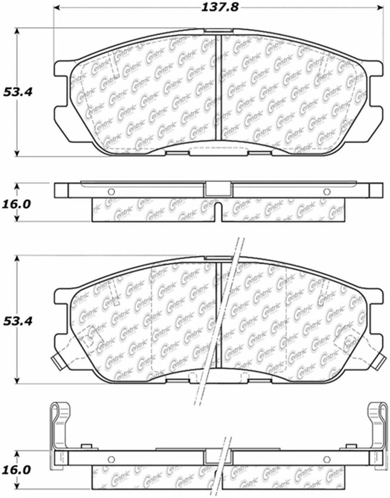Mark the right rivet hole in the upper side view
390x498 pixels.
pos(326,190)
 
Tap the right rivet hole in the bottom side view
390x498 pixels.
pos(326,459)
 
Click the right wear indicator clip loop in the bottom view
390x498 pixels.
pos(375,413)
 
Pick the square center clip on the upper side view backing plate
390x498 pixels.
pos(218,189)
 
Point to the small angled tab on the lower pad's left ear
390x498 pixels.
pos(57,360)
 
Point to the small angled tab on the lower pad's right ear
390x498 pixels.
pos(379,360)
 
